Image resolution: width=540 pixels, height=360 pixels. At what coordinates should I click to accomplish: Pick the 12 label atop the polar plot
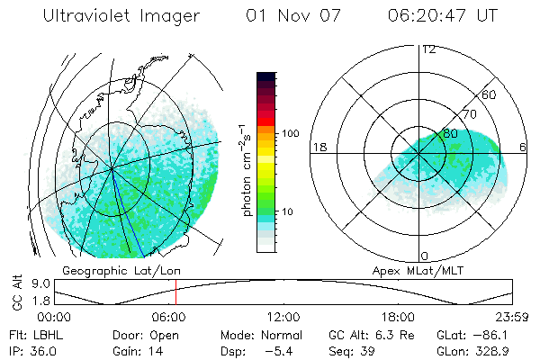(x=428, y=49)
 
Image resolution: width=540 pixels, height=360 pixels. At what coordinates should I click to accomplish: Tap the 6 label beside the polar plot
(x=524, y=147)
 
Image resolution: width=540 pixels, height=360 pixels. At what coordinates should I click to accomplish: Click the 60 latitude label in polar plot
(x=490, y=94)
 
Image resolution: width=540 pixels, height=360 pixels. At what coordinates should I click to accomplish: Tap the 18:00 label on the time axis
(x=398, y=317)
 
